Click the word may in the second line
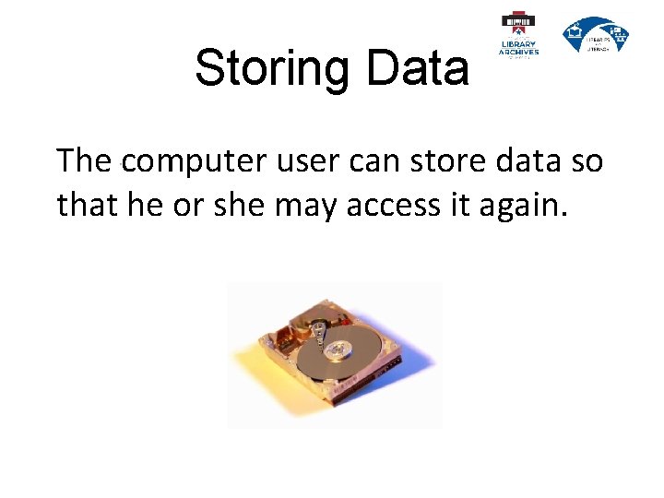310,205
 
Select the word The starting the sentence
85,162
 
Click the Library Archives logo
518,36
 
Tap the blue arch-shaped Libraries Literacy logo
596,35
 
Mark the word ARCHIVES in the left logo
518,53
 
